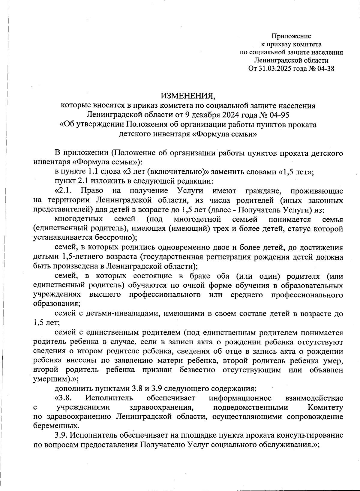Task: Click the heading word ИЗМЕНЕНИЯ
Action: [x=188, y=96]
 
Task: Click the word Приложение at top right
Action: [x=291, y=36]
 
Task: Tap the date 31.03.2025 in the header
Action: [x=273, y=69]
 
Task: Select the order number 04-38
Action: [x=325, y=69]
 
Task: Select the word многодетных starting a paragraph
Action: [x=79, y=219]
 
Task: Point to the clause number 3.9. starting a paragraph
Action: [x=61, y=435]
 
